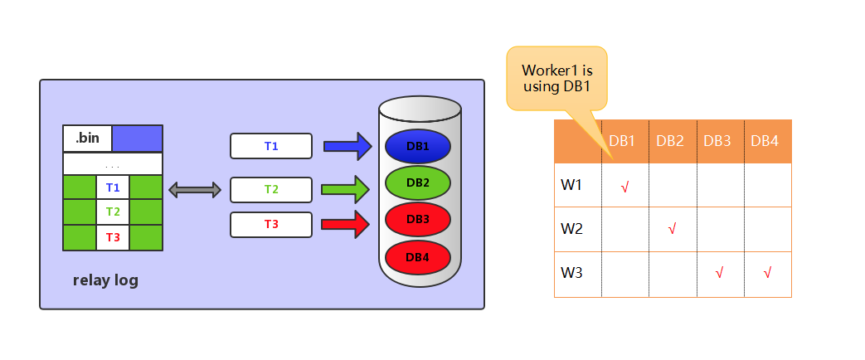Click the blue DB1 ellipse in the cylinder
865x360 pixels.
point(418,146)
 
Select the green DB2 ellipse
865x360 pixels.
point(418,182)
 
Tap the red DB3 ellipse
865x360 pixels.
point(418,219)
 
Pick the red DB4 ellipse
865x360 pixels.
point(418,257)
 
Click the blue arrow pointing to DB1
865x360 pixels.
point(347,146)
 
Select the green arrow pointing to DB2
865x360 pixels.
point(345,189)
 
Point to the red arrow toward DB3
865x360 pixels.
point(345,224)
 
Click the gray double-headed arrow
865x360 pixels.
point(195,191)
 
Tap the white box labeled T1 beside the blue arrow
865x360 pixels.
point(271,146)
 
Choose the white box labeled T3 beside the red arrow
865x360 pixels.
point(271,225)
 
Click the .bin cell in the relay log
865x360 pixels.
point(88,138)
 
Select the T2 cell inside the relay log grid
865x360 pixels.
point(113,212)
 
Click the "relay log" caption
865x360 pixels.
point(105,280)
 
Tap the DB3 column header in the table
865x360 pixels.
point(717,141)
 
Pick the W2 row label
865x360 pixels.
point(571,229)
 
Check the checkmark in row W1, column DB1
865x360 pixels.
point(624,187)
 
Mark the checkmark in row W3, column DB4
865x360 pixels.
point(767,272)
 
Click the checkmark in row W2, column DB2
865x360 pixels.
point(672,229)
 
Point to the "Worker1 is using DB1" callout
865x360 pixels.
point(557,79)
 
